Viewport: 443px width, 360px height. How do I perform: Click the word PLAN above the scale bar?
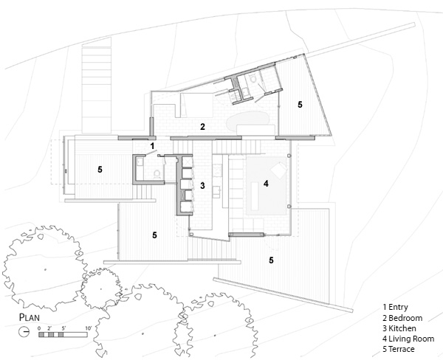point(29,318)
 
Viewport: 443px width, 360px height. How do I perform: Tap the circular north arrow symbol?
point(25,333)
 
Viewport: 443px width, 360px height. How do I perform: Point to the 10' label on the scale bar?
point(88,327)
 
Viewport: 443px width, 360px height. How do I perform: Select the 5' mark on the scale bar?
point(64,327)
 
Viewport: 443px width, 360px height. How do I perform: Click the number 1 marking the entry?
point(151,147)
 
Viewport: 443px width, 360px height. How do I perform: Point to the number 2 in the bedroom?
point(202,127)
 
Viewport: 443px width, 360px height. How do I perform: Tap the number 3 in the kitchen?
point(202,184)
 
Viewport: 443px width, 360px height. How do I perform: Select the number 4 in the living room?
point(266,182)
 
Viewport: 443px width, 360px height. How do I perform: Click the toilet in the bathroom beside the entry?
point(159,173)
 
